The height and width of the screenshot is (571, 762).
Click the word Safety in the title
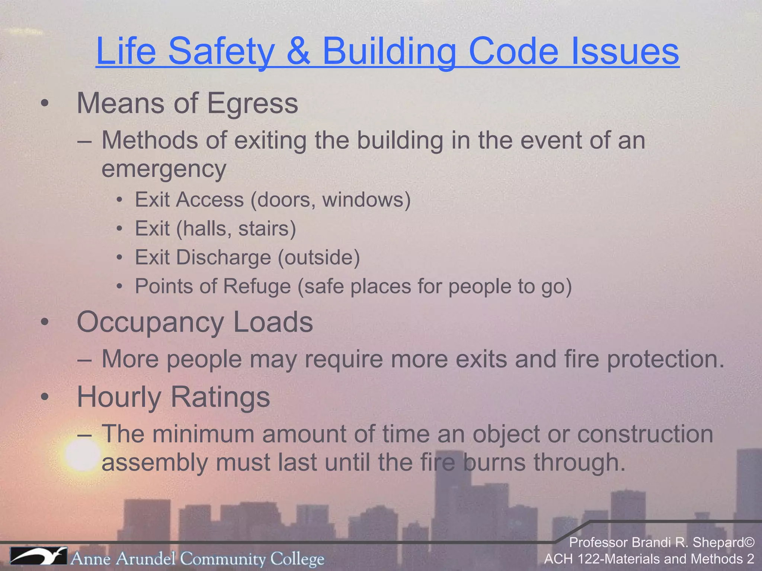221,51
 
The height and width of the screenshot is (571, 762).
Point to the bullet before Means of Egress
45,104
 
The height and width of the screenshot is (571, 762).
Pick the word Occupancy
150,322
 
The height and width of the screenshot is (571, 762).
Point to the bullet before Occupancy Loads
45,323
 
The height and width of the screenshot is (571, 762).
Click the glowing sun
82,454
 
